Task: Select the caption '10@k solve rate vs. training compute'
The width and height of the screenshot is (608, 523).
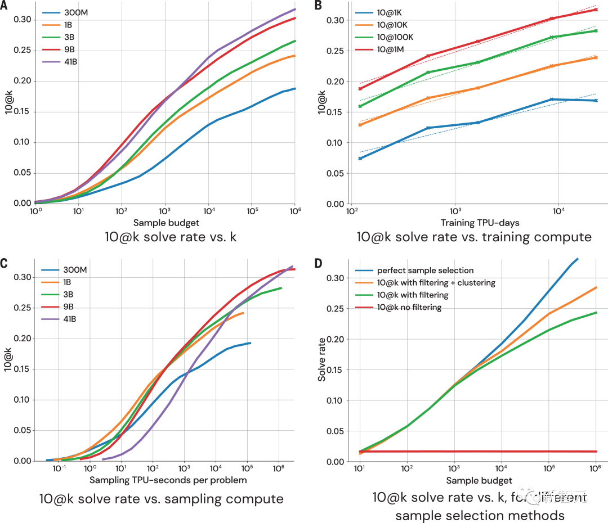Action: tap(474, 237)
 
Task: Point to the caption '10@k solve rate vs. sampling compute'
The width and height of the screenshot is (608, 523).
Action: tap(161, 498)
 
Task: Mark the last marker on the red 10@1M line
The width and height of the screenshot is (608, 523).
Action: tap(595, 10)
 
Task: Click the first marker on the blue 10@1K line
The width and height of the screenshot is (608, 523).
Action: tap(360, 159)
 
